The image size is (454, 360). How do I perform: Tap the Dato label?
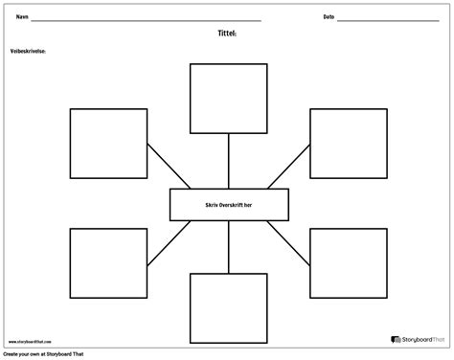click(329, 16)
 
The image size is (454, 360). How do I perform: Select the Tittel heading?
click(227, 32)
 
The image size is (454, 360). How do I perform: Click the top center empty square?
click(227, 98)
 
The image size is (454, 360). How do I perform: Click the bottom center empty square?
click(227, 308)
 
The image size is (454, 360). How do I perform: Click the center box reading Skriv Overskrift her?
click(227, 204)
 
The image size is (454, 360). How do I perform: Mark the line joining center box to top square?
click(227, 161)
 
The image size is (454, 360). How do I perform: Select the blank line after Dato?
click(393, 19)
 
